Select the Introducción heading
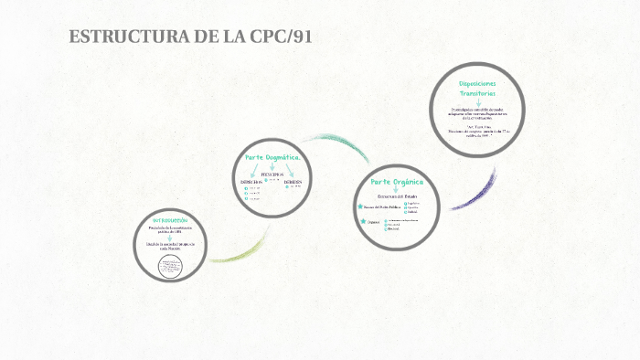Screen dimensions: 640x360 click(x=169, y=220)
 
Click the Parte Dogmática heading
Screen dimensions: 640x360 click(x=272, y=157)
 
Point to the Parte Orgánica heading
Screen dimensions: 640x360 click(x=396, y=182)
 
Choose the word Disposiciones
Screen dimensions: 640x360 click(x=478, y=84)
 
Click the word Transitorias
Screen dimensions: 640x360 click(x=478, y=94)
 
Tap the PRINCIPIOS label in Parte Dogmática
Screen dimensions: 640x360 click(x=272, y=174)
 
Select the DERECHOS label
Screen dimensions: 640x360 click(x=251, y=183)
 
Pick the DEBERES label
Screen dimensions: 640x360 click(x=293, y=183)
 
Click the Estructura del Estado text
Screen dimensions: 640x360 click(x=396, y=196)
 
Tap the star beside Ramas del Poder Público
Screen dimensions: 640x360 click(x=362, y=206)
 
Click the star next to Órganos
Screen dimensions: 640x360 click(x=362, y=221)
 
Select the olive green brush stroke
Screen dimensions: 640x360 click(x=235, y=251)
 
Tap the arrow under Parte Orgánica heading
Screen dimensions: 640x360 click(x=396, y=189)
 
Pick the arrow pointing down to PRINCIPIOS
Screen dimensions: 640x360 click(x=272, y=166)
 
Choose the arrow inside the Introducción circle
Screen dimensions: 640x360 click(x=169, y=238)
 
